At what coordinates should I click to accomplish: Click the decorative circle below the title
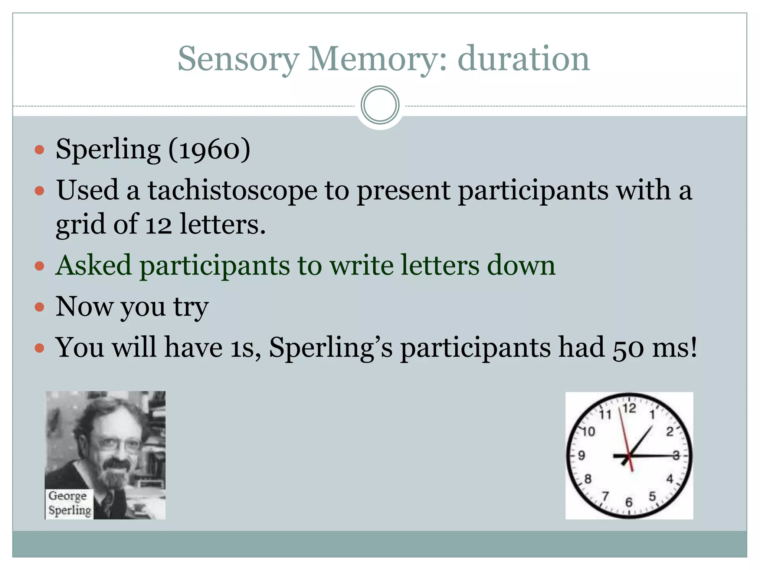click(380, 105)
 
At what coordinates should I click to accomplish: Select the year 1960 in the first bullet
click(209, 150)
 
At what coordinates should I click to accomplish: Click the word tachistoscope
click(233, 190)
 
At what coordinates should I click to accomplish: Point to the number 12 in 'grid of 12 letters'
click(158, 225)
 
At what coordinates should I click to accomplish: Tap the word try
click(191, 307)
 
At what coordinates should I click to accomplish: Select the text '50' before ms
click(628, 348)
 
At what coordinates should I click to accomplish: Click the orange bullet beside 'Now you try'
click(39, 307)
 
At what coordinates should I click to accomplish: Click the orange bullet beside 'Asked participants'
click(39, 266)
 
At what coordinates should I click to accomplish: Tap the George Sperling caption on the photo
click(69, 503)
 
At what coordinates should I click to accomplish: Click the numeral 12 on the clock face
click(629, 409)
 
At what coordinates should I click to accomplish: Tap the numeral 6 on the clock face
click(629, 502)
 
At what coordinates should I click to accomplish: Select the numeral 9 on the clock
click(582, 455)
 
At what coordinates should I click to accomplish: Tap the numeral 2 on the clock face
click(669, 432)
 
